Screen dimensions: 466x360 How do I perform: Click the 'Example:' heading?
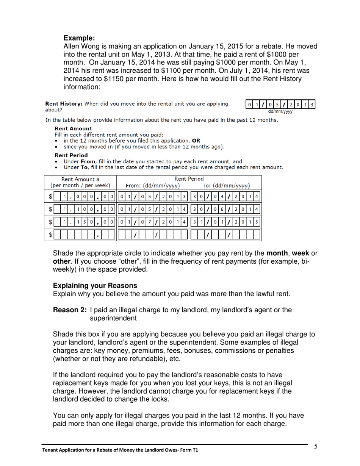click(x=79, y=38)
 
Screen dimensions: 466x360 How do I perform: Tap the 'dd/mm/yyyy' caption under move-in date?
click(x=280, y=112)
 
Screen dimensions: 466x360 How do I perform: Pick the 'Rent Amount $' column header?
click(x=80, y=179)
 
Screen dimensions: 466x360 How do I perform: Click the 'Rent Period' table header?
click(x=189, y=179)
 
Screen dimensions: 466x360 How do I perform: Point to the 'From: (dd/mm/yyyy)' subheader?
click(x=152, y=186)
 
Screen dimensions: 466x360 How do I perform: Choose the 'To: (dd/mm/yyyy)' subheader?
click(x=226, y=186)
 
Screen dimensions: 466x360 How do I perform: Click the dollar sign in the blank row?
click(x=50, y=235)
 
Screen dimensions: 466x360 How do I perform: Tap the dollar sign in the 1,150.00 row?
click(x=50, y=222)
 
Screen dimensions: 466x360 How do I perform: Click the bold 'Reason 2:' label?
click(x=70, y=310)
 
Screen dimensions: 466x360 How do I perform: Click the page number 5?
click(x=316, y=446)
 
